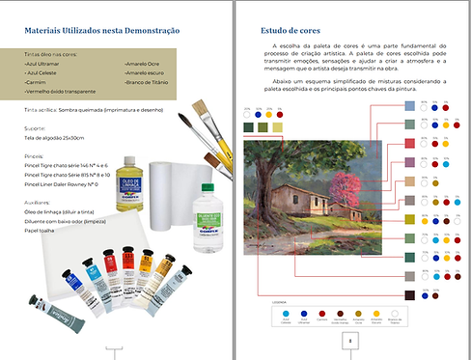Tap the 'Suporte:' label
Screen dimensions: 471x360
(x=35, y=125)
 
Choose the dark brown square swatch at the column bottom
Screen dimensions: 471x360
(x=409, y=293)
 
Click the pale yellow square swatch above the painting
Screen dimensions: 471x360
(x=280, y=126)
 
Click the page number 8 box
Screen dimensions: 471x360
(x=349, y=340)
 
